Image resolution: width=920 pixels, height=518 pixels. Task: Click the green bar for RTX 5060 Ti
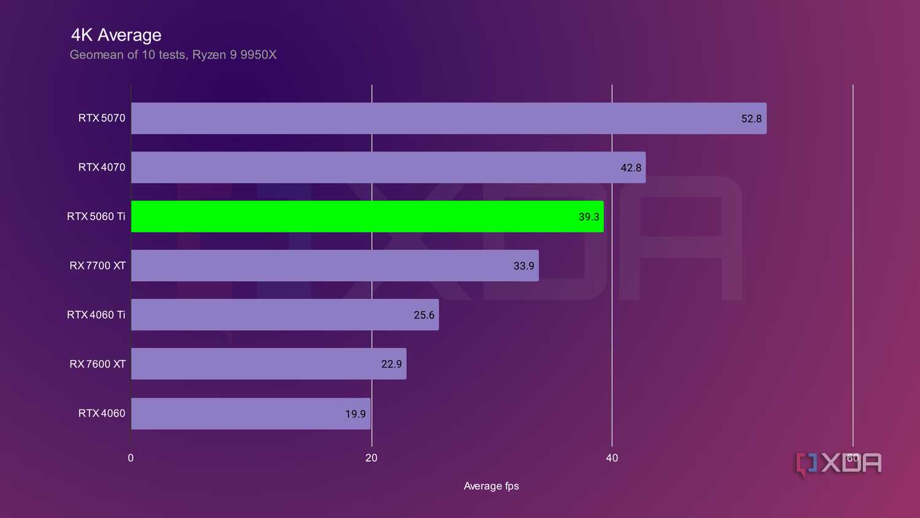coord(367,217)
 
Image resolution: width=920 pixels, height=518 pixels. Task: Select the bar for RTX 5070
coord(448,118)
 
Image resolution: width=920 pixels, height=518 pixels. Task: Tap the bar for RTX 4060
coord(250,414)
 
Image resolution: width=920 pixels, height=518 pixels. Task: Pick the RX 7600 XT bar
coord(268,364)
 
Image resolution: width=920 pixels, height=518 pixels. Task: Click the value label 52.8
coord(751,119)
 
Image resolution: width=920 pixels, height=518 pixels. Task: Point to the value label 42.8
coord(630,168)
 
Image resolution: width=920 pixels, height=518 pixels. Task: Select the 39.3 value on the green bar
coord(589,217)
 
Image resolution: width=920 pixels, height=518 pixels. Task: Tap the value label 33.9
coord(524,266)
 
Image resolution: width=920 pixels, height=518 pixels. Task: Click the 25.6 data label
coord(423,315)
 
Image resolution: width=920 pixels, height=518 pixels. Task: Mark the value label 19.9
coord(355,414)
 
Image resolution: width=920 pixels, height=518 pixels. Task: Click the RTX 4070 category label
coord(101,168)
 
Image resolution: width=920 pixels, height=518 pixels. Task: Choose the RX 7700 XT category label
coord(97,266)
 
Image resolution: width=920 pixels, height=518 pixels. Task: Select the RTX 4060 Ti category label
coord(96,315)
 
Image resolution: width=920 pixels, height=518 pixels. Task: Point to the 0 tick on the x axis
coord(131,458)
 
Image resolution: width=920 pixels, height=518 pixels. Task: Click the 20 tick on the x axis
coord(371,458)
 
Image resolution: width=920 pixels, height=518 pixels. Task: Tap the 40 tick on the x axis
coord(612,458)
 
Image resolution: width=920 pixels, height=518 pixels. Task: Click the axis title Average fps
coord(491,486)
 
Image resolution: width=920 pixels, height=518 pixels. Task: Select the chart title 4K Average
coord(116,35)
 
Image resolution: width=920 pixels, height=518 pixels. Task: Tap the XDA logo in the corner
coord(838,464)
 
